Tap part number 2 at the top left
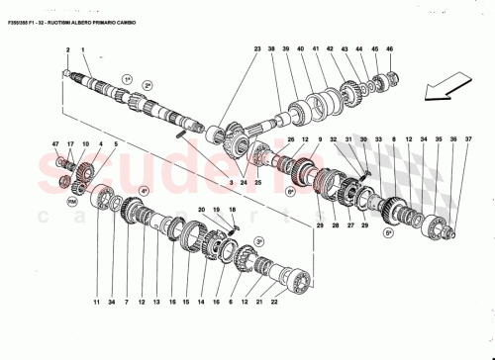[x=68, y=49]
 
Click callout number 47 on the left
[x=56, y=144]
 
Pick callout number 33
[x=377, y=139]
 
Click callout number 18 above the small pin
[x=233, y=210]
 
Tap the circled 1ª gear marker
[x=127, y=77]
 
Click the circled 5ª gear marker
[x=389, y=230]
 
